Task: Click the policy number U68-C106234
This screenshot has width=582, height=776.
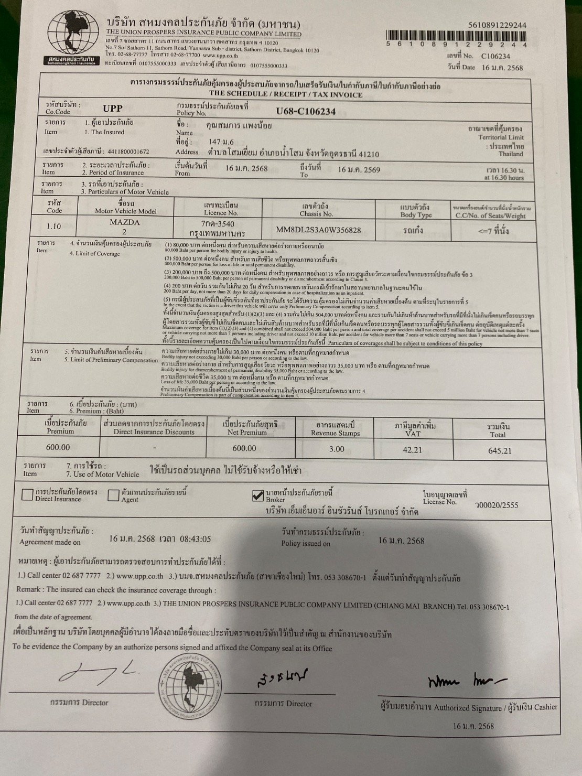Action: coord(306,111)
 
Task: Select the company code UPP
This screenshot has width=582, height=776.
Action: coord(113,109)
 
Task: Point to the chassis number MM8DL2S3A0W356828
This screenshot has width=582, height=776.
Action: coord(318,230)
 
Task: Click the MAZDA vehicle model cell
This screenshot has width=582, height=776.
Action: coord(125,227)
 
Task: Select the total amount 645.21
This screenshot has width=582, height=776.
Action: coord(499,450)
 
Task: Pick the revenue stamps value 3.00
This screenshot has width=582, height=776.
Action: coord(336,449)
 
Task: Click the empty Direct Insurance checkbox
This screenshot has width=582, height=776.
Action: coord(27,495)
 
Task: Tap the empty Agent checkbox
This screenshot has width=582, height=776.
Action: coord(113,495)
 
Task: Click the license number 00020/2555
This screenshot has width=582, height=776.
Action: coord(496,505)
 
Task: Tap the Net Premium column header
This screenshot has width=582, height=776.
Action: coord(251,428)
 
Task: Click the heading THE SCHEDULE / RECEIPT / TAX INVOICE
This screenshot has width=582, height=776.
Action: coord(289,95)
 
